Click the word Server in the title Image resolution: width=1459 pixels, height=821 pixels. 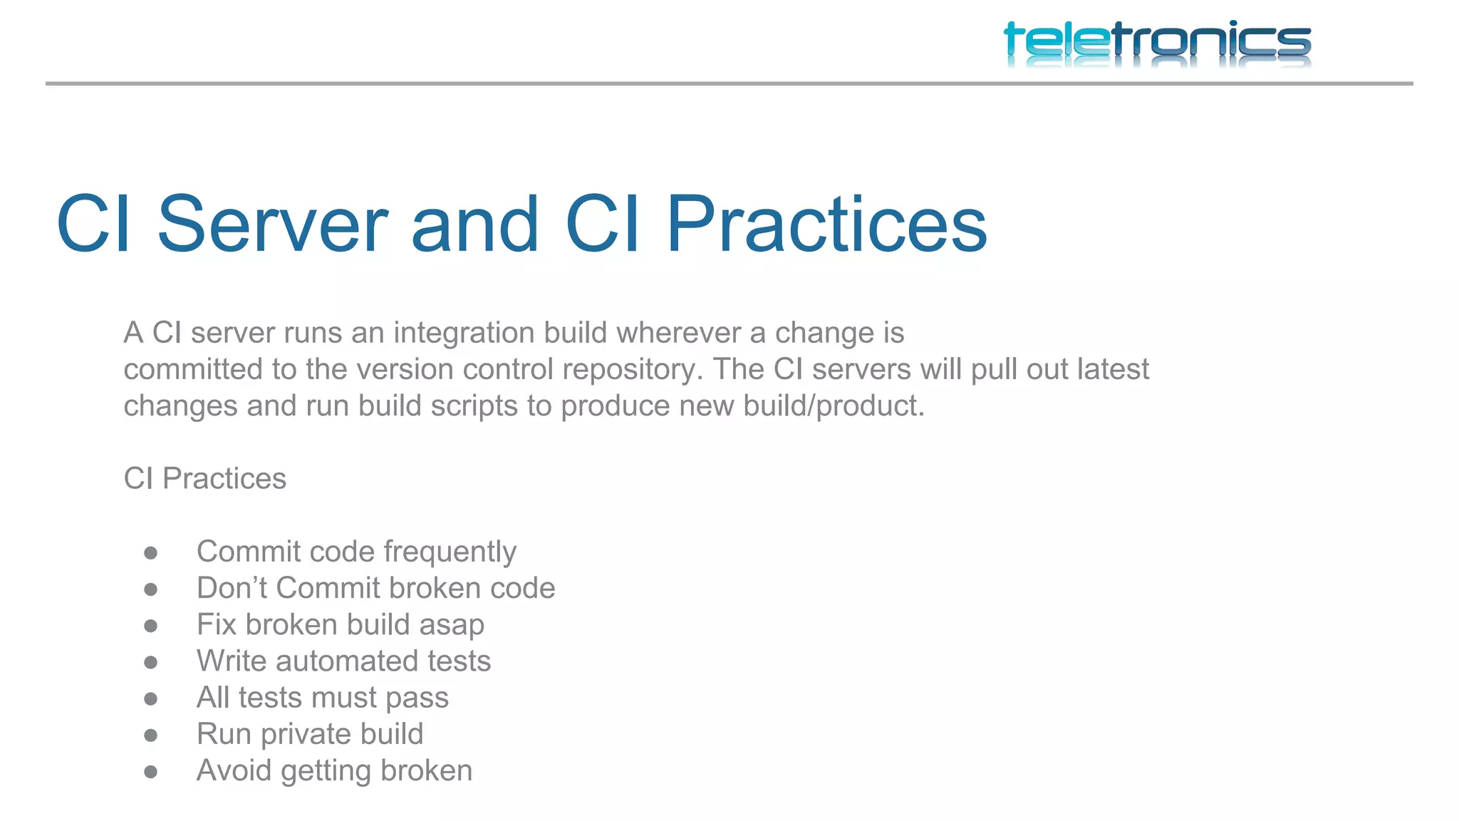pyautogui.click(x=272, y=224)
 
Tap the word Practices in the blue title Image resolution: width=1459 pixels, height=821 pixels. pyautogui.click(x=826, y=224)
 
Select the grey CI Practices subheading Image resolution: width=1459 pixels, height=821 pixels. pyautogui.click(x=204, y=478)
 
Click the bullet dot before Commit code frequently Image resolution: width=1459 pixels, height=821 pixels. pyautogui.click(x=150, y=553)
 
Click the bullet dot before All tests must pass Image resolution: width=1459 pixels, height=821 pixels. pyautogui.click(x=150, y=699)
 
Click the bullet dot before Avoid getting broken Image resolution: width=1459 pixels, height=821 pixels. pyautogui.click(x=150, y=772)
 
